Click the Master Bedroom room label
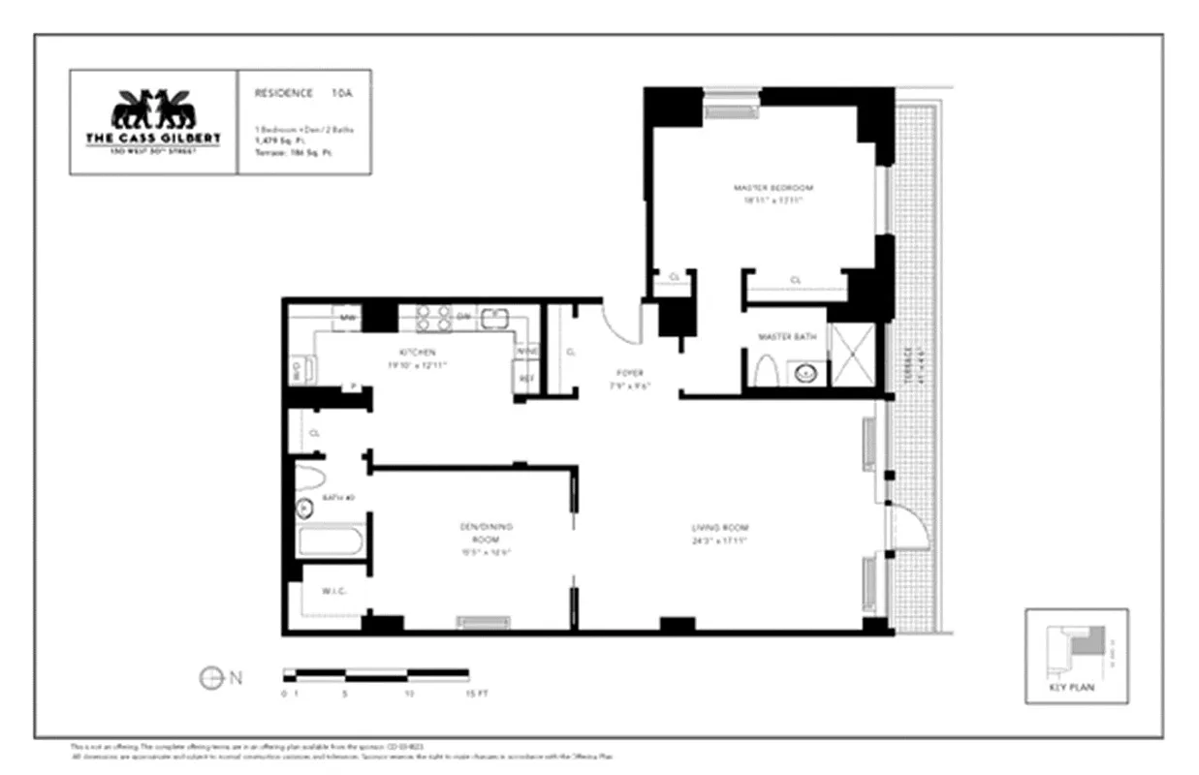pyautogui.click(x=773, y=188)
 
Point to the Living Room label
pyautogui.click(x=719, y=528)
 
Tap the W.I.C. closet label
pyautogui.click(x=322, y=590)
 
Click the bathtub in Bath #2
pyautogui.click(x=331, y=541)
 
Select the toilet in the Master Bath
pyautogui.click(x=765, y=371)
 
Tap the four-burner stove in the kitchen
pyautogui.click(x=432, y=318)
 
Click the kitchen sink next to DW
pyautogui.click(x=494, y=317)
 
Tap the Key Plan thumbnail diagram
pyautogui.click(x=1077, y=650)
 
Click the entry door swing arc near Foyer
pyautogui.click(x=620, y=323)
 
